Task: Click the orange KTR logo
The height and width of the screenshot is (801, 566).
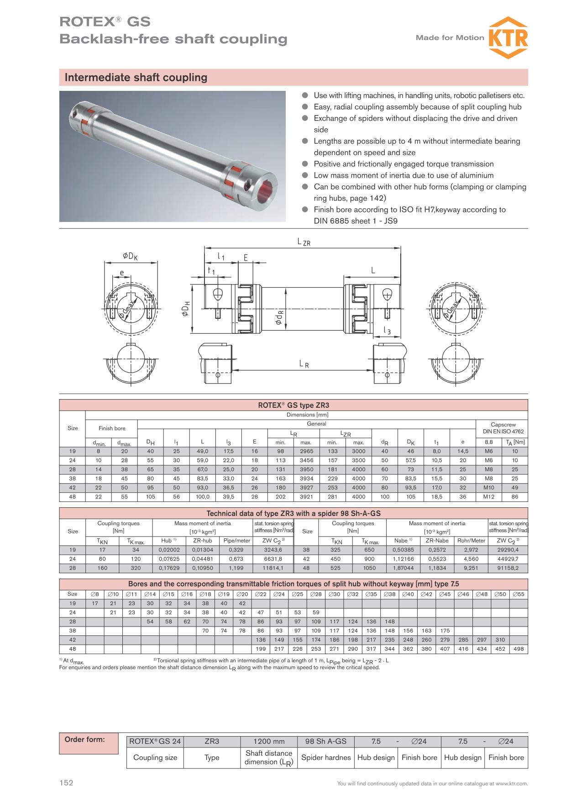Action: pyautogui.click(x=508, y=37)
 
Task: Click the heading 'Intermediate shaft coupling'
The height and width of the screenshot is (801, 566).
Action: pyautogui.click(x=136, y=78)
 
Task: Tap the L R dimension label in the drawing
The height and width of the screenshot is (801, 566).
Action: pyautogui.click(x=304, y=364)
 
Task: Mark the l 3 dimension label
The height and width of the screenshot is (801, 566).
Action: pyautogui.click(x=387, y=330)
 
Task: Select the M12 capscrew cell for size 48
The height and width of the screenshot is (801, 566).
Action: pyautogui.click(x=488, y=497)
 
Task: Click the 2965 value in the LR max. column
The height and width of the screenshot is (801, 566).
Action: pyautogui.click(x=306, y=451)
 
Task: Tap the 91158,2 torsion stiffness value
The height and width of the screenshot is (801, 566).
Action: pyautogui.click(x=508, y=568)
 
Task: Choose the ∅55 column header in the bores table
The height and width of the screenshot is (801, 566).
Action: pyautogui.click(x=519, y=594)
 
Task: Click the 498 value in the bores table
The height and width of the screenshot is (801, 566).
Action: pyautogui.click(x=519, y=649)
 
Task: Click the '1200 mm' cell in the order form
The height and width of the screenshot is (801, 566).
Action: pyautogui.click(x=269, y=742)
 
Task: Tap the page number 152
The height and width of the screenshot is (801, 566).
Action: pyautogui.click(x=66, y=783)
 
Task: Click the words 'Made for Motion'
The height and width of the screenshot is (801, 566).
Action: pyautogui.click(x=450, y=37)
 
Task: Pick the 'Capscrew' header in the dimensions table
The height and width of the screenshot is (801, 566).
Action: pyautogui.click(x=502, y=424)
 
